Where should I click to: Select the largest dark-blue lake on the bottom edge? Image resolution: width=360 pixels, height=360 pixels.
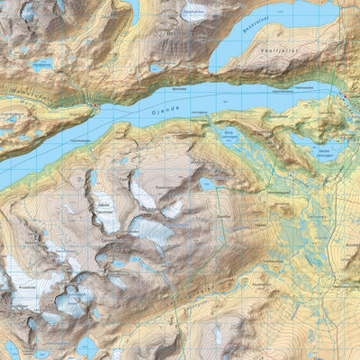click(87, 346)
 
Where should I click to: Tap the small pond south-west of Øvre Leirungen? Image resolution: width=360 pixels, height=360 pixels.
click(207, 183)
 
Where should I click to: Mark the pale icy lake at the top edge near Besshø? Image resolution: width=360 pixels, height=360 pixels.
click(193, 13)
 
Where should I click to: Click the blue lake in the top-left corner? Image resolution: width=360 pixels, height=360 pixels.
click(27, 11)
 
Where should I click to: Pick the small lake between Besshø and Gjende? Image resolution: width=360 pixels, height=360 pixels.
click(157, 68)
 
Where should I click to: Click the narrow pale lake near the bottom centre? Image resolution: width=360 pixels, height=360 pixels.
click(218, 335)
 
